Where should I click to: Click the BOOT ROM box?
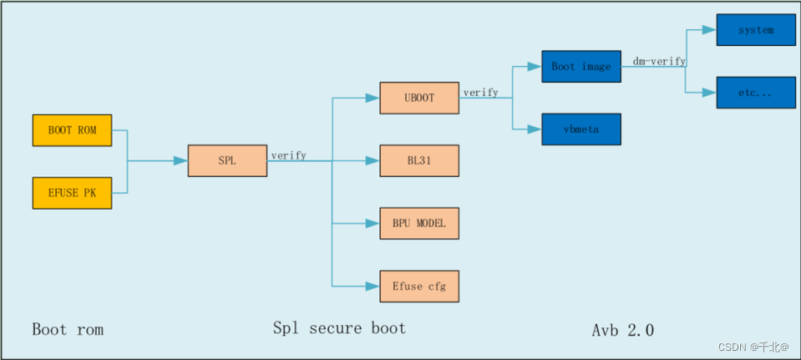click(71, 130)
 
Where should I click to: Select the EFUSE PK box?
click(71, 193)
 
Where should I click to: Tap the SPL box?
click(227, 160)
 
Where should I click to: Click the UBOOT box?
click(419, 98)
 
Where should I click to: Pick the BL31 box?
click(419, 160)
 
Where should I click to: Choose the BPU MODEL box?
click(419, 224)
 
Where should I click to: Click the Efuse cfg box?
click(419, 286)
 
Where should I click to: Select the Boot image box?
click(581, 67)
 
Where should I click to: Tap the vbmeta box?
click(581, 129)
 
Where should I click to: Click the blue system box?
click(756, 30)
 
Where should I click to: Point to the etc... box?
click(756, 93)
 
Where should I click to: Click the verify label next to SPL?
click(288, 155)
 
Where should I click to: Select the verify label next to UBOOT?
click(480, 93)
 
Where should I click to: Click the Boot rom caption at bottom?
click(68, 329)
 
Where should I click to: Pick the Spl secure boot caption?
click(339, 327)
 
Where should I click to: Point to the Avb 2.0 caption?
click(622, 330)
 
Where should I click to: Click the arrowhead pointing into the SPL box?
click(180, 160)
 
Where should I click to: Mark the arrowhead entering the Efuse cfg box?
click(373, 286)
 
